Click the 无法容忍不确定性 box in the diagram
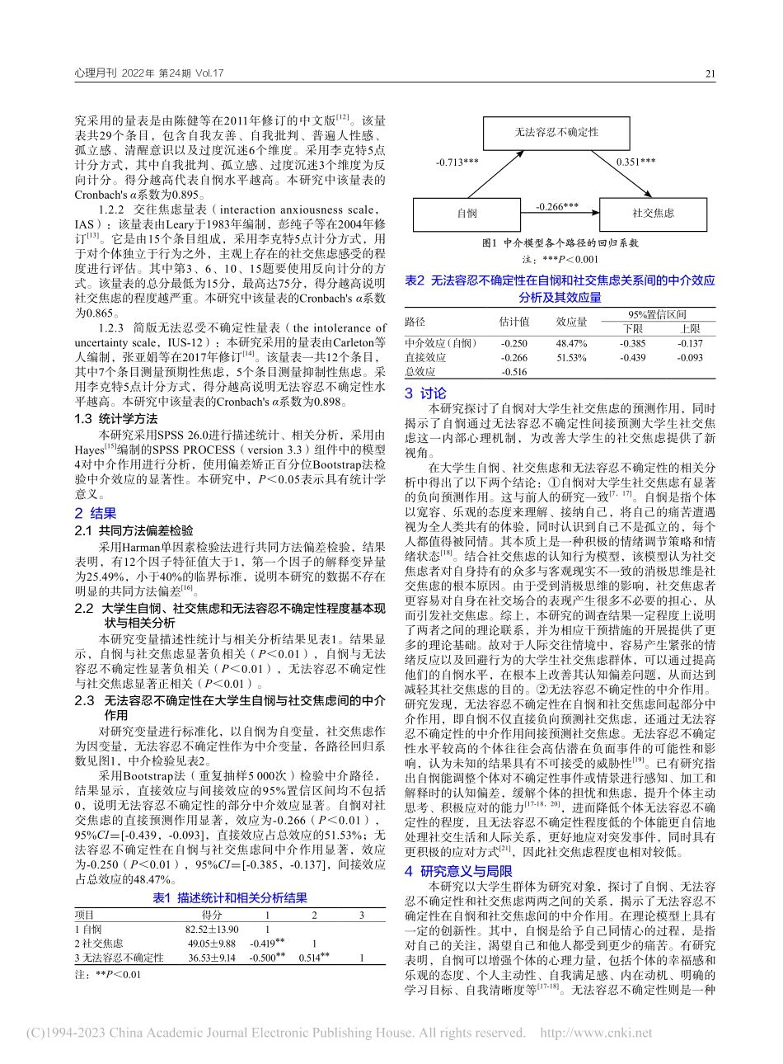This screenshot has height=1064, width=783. click(556, 131)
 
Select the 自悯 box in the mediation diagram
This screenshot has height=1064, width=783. click(467, 213)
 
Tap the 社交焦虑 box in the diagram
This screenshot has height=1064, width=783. click(654, 213)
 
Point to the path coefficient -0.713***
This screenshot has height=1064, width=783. click(457, 162)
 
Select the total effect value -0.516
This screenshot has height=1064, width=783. click(513, 373)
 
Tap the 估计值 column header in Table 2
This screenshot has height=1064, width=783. click(514, 321)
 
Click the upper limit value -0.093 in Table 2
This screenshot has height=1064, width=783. click(689, 358)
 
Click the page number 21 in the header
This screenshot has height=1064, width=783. click(710, 73)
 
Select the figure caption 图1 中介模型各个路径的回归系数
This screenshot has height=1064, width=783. click(560, 243)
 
